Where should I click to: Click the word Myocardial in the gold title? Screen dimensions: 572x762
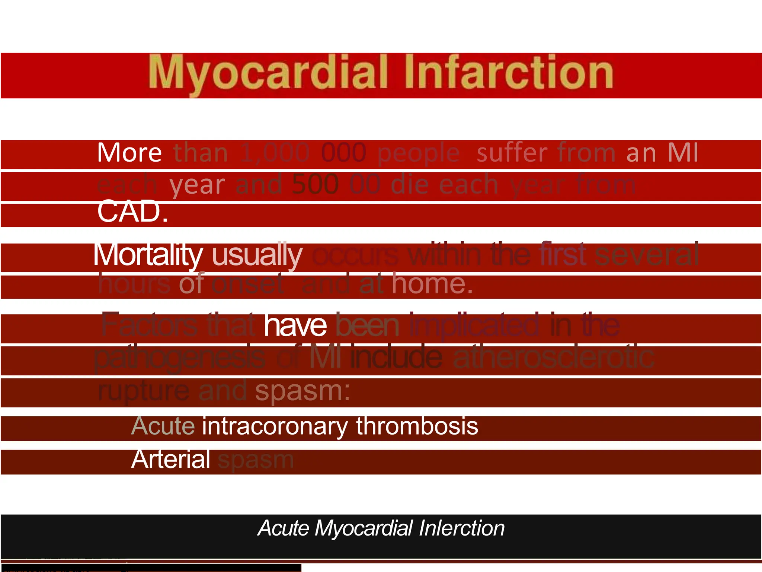(268, 72)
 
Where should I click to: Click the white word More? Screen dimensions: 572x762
(129, 153)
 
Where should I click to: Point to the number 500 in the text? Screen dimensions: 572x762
(315, 184)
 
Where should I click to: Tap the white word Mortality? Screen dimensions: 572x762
(148, 255)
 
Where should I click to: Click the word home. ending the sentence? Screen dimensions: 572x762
(432, 284)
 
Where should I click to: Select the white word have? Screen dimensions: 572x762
(295, 325)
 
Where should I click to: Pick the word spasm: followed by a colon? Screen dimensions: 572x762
(302, 391)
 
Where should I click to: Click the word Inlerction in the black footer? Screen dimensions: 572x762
(461, 528)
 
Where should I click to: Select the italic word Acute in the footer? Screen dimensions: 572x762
(283, 528)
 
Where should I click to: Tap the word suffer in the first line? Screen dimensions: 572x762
(512, 153)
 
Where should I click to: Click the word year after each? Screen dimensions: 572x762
(197, 185)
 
